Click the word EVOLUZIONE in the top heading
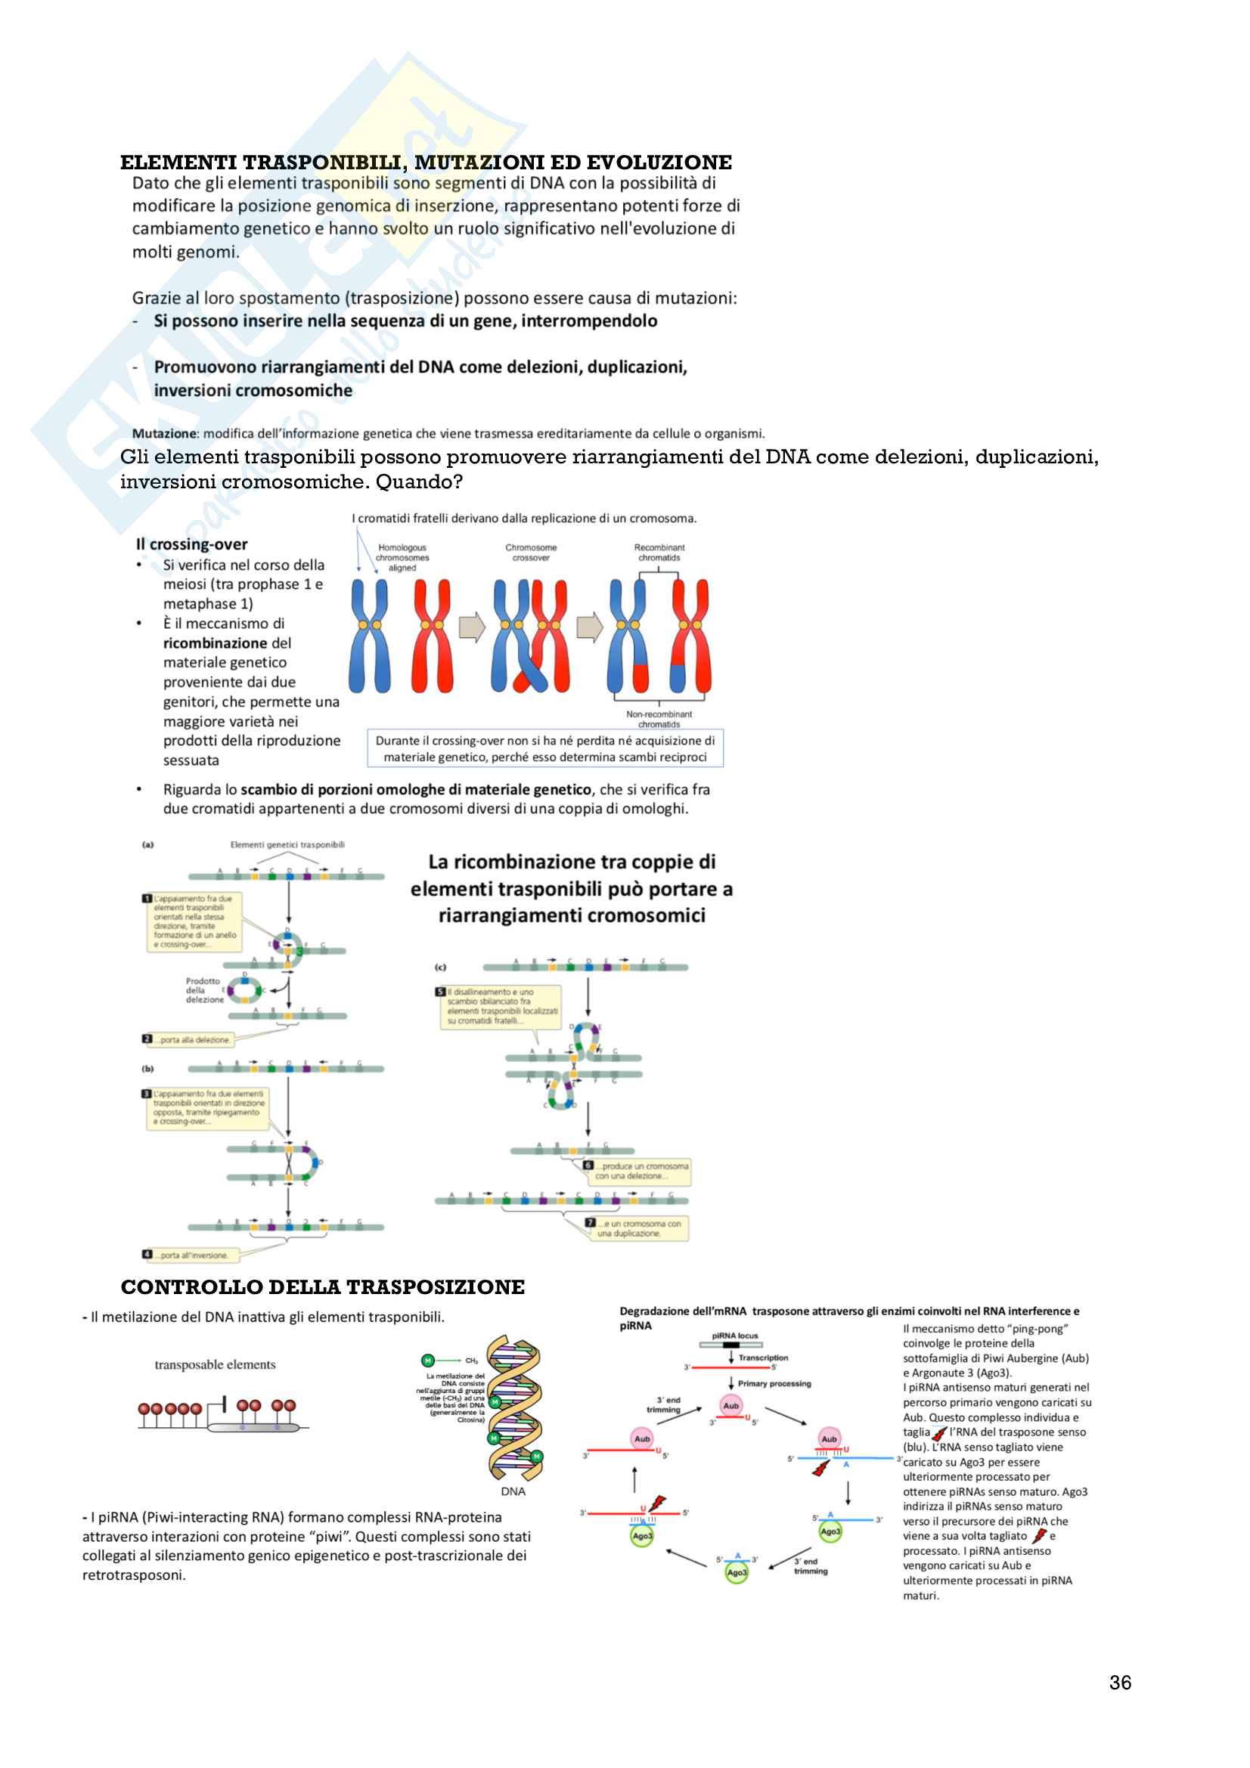click(659, 163)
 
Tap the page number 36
click(1120, 1683)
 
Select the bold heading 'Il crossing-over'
click(192, 544)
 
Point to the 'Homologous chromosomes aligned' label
click(402, 558)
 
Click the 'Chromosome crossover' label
click(531, 552)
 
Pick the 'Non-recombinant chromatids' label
click(659, 719)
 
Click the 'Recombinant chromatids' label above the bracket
click(659, 552)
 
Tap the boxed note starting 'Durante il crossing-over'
click(544, 748)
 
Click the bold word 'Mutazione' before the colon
click(165, 434)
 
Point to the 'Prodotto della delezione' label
click(204, 990)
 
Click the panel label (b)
click(147, 1069)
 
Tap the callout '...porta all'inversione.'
click(194, 1256)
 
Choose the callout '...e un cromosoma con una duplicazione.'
click(638, 1228)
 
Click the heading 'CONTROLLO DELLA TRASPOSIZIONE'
click(323, 1287)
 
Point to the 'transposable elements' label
click(215, 1364)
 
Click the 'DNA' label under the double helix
click(513, 1491)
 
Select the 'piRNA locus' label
click(735, 1336)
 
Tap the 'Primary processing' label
click(774, 1384)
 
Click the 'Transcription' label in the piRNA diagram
click(763, 1358)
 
